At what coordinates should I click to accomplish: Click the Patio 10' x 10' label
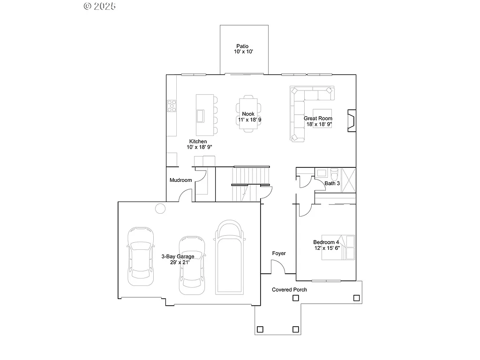coord(243,49)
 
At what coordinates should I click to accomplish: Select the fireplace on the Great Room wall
coord(351,120)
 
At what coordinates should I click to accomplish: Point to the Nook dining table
coord(248,114)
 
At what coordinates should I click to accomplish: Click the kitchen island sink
coord(201,115)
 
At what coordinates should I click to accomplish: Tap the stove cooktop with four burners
coord(172,106)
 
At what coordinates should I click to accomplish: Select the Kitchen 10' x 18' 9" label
coord(198,144)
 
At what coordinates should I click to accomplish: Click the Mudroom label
coord(180,180)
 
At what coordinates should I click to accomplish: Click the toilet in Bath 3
coord(334,172)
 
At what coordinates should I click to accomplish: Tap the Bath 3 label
coord(332,183)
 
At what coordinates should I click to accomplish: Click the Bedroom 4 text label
coord(326,245)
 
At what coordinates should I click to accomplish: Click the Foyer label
coord(279,254)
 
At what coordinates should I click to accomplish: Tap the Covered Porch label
coord(289,290)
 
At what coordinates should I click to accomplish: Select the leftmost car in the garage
coord(140,256)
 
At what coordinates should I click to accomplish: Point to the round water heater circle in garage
coord(160,209)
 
